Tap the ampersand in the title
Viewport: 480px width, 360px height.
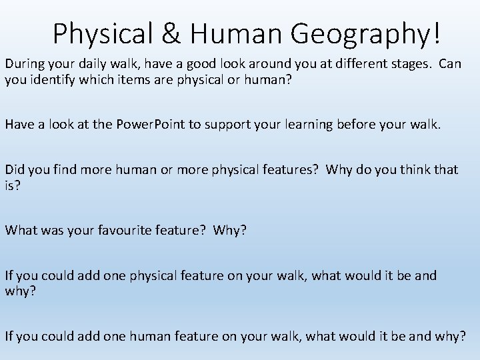pos(169,33)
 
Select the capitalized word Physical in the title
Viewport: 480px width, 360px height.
pos(103,33)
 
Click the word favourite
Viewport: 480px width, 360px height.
pos(111,230)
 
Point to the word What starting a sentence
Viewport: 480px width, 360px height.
pos(21,230)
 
